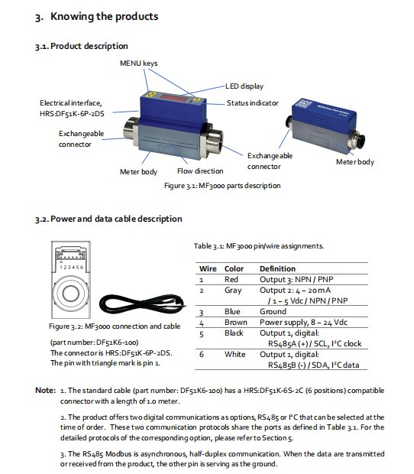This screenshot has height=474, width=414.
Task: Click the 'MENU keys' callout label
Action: coord(138,63)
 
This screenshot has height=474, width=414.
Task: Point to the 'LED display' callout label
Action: coord(244,86)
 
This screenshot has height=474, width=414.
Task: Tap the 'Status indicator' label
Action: coord(252,103)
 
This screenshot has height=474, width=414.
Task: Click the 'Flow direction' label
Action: coord(200,171)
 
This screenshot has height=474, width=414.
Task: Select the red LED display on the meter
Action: coord(173,97)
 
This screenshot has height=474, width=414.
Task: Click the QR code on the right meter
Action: coord(306,103)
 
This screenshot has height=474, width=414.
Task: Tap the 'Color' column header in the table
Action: coord(234,269)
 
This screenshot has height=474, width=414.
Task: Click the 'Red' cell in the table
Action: coord(231,279)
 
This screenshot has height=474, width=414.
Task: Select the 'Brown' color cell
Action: coord(236,323)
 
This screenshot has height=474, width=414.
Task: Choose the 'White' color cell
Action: coord(235,354)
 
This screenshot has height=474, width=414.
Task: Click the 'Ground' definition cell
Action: coord(273,312)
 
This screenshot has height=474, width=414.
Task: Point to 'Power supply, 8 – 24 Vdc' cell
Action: coord(303,323)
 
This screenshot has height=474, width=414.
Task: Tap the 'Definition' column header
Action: coord(277,269)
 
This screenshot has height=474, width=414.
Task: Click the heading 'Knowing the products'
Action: coord(104,16)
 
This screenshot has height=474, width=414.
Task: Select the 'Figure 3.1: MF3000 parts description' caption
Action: coord(222,186)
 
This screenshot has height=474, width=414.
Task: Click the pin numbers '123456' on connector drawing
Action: coord(71,268)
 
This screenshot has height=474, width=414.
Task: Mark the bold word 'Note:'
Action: coord(46,390)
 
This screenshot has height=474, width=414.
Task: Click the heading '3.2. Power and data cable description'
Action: coord(108,219)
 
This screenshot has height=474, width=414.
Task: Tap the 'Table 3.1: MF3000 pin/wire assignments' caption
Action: coord(259,246)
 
